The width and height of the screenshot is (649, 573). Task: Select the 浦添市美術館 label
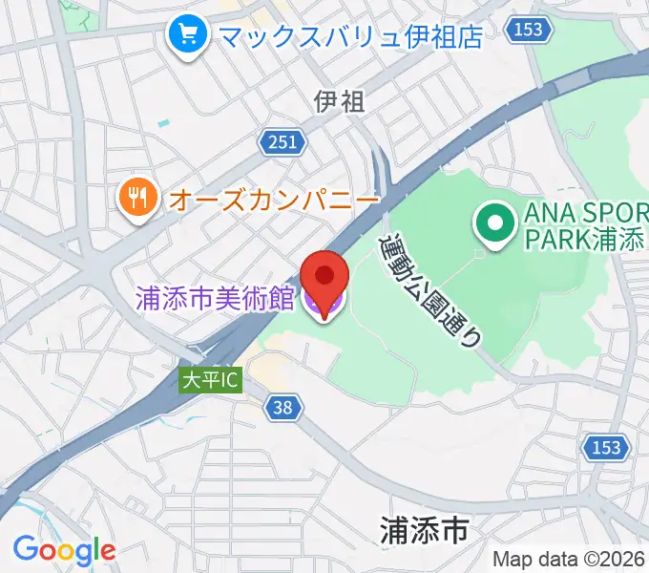(215, 298)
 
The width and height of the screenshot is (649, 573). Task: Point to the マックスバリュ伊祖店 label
(348, 36)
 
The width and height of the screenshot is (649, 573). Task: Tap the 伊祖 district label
(339, 101)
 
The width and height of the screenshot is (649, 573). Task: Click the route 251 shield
(283, 143)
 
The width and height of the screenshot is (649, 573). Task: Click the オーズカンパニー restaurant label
(274, 199)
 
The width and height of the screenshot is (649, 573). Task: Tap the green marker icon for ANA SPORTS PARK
(493, 226)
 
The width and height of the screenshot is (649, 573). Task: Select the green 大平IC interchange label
(211, 380)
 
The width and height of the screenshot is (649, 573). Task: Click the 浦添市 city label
(424, 528)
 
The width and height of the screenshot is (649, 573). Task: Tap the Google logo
(64, 549)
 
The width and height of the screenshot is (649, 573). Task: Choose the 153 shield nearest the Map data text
(605, 447)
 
